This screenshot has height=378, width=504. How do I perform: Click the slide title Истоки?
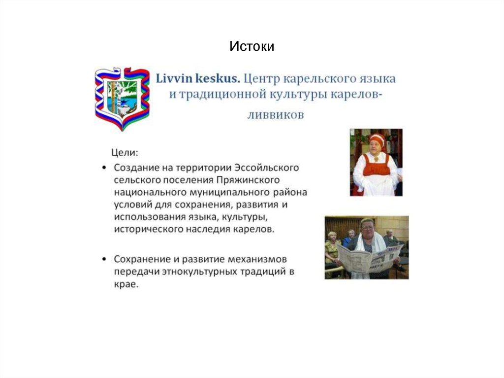(252, 46)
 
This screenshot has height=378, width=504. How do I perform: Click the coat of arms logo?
(122, 98)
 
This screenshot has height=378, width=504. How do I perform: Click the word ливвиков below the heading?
(276, 115)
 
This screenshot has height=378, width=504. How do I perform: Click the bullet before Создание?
(105, 168)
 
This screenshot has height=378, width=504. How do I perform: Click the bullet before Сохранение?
(105, 259)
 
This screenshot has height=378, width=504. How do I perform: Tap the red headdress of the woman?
(377, 139)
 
